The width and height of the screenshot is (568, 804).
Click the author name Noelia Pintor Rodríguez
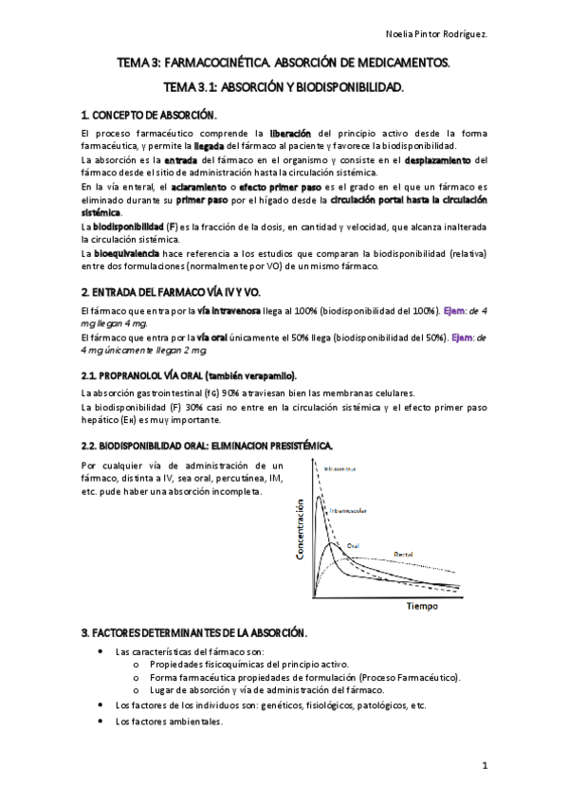[493, 31]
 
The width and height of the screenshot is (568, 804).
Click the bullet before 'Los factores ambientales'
[101, 721]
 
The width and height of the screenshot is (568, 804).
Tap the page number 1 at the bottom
[485, 764]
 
